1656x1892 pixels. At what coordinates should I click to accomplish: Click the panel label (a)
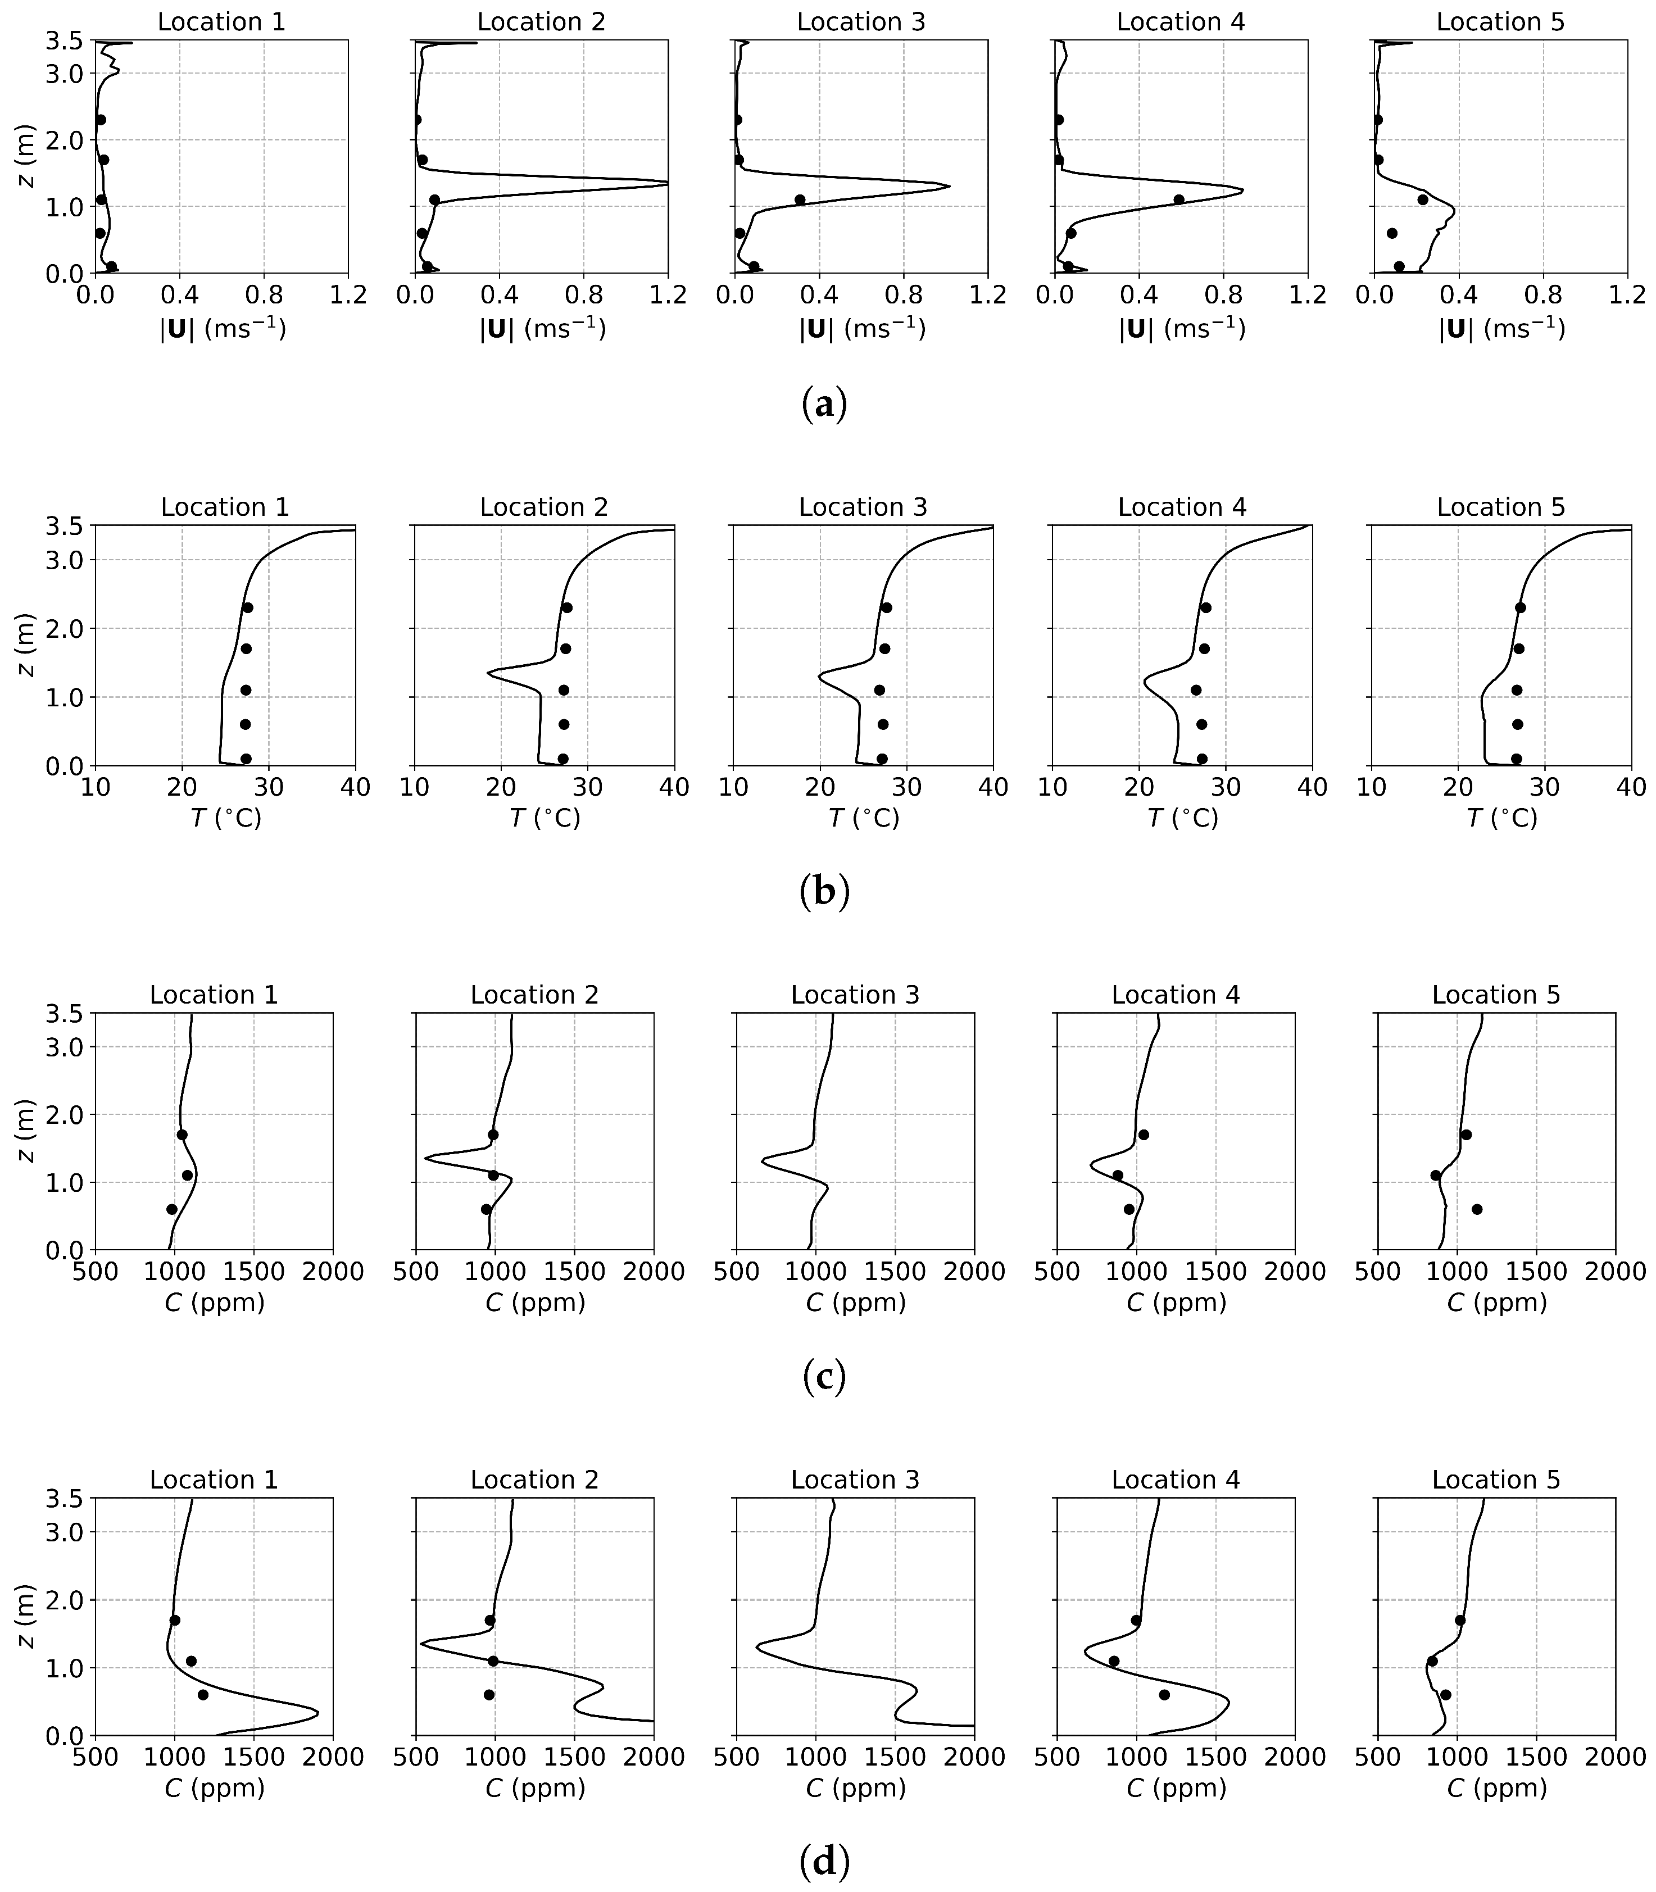(x=823, y=405)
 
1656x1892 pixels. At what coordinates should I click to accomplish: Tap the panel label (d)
(x=823, y=1862)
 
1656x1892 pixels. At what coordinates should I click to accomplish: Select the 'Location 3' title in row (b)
(x=862, y=507)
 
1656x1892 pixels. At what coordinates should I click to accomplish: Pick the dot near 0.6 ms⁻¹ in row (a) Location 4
(x=1178, y=199)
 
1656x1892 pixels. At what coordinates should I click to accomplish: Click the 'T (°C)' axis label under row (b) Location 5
(x=1501, y=819)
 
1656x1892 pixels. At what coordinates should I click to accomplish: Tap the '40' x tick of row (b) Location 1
(x=355, y=787)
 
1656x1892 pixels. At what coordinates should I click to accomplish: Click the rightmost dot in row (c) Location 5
(x=1477, y=1209)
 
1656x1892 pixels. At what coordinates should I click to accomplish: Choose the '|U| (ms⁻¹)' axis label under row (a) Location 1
(x=223, y=330)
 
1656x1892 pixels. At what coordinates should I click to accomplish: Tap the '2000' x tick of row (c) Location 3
(x=974, y=1272)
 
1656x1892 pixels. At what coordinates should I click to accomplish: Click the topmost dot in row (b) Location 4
(x=1206, y=607)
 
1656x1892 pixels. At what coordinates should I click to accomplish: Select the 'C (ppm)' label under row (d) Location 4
(x=1176, y=1789)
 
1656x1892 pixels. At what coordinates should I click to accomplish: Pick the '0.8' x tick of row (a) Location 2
(x=583, y=296)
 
